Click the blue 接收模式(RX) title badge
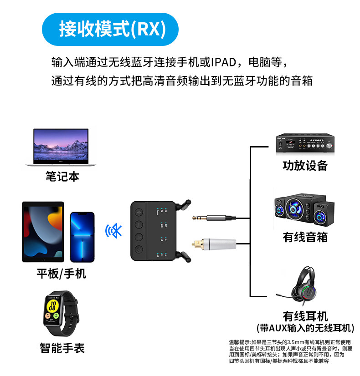(x=110, y=29)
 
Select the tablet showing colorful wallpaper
(x=43, y=232)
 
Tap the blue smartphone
(x=82, y=237)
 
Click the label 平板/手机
(x=61, y=274)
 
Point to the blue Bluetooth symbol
(x=114, y=231)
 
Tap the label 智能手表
(x=62, y=348)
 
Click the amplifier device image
(x=305, y=142)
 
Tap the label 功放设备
(x=305, y=165)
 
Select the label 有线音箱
(x=305, y=237)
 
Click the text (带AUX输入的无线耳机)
(x=305, y=328)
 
